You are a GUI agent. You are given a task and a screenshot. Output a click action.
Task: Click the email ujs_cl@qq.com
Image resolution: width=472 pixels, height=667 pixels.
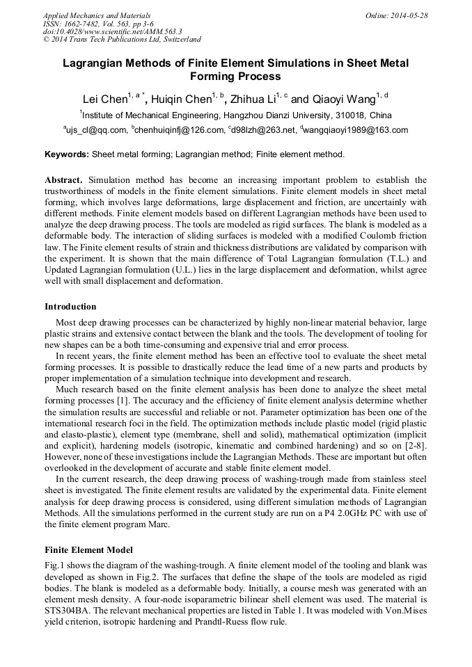click(97, 129)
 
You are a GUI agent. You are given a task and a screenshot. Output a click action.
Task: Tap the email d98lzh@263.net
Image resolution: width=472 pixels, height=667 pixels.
click(262, 129)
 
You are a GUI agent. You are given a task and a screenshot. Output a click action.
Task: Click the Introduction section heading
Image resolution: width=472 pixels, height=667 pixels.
click(70, 307)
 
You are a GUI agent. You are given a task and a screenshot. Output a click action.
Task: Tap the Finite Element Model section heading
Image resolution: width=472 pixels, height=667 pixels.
click(88, 550)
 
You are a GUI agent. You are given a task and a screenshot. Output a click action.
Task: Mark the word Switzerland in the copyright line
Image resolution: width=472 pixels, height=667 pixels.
click(178, 40)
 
